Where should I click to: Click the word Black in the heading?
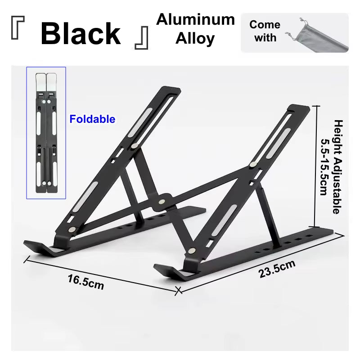[81, 33]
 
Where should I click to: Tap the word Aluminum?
[195, 19]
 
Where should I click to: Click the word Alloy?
[195, 39]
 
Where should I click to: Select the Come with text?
[265, 31]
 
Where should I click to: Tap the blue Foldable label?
[92, 119]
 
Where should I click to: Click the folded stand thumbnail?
[46, 133]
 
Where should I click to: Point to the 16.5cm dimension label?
[85, 283]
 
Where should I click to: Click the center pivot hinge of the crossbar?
[163, 201]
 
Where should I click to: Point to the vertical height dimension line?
[315, 166]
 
